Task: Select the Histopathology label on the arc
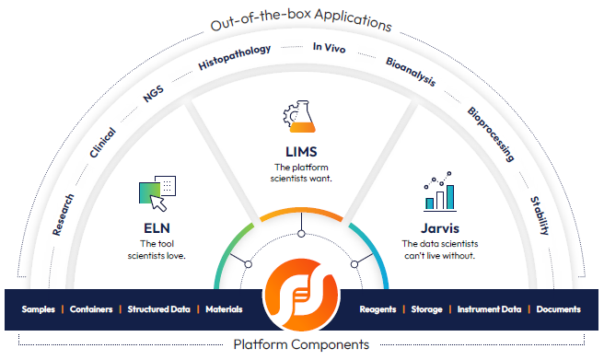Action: (235, 57)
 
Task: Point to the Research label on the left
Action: (64, 215)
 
